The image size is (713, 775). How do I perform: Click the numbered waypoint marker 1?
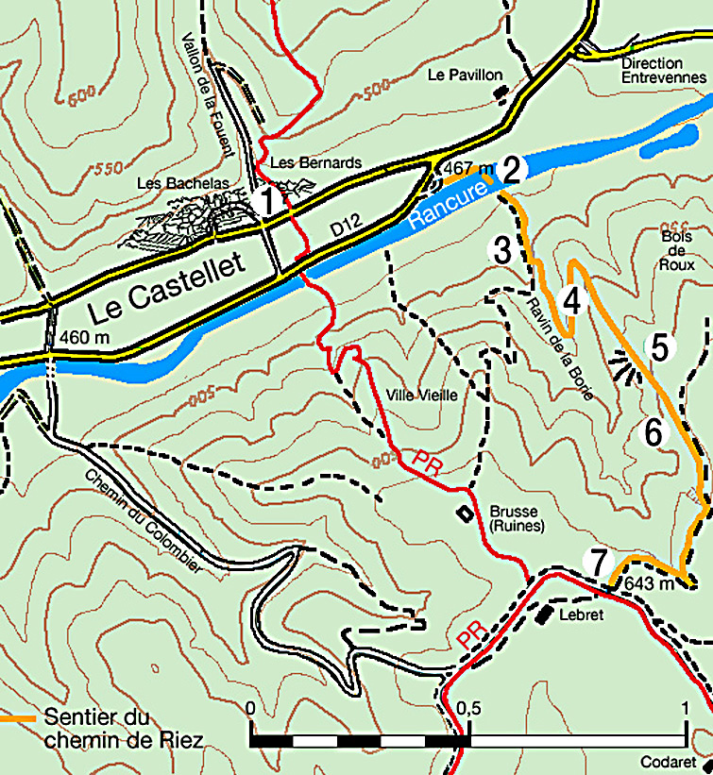[x=265, y=201]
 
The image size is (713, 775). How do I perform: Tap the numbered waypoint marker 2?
[x=512, y=170]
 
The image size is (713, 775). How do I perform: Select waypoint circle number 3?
[x=501, y=250]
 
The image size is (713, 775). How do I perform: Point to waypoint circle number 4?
[x=570, y=300]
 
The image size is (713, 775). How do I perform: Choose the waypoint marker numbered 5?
[x=659, y=346]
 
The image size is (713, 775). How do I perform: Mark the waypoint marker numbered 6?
[x=654, y=432]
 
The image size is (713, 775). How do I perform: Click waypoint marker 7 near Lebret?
[x=596, y=561]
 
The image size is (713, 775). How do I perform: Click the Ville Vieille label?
[x=422, y=396]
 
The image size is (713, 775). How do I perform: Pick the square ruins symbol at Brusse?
[x=463, y=514]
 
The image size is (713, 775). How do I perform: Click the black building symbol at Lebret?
[x=544, y=615]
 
